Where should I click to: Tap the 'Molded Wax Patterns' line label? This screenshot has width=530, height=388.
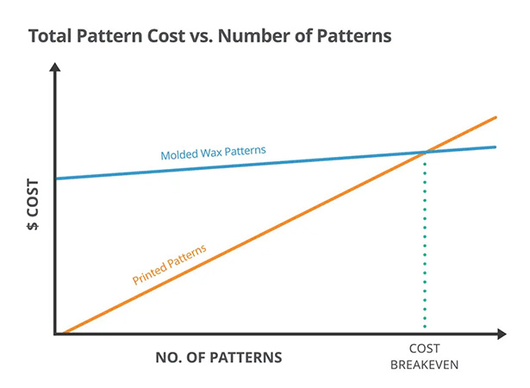click(213, 153)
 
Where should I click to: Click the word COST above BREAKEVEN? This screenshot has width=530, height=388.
click(425, 350)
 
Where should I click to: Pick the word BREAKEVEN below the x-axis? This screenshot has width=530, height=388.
click(425, 365)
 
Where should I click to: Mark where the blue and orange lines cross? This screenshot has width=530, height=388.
click(425, 153)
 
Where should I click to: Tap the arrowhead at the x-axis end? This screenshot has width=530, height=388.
click(502, 333)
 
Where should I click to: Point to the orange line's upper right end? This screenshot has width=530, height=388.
click(496, 117)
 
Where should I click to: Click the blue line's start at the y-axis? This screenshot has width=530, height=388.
click(57, 178)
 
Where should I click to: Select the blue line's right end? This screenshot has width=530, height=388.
click(496, 147)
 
